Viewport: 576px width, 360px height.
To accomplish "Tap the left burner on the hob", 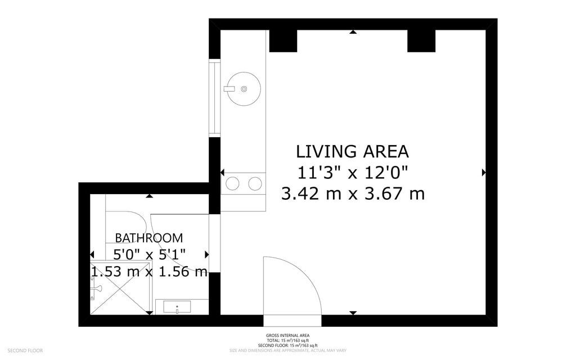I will click(x=232, y=183).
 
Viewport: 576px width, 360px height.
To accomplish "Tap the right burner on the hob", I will click(x=255, y=183).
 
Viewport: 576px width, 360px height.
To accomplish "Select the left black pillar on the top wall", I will click(x=283, y=40).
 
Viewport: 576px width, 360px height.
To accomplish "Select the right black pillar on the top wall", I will click(x=421, y=40).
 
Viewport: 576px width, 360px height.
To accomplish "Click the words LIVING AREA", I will click(x=352, y=151).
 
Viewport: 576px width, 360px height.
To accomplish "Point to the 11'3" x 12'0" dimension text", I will click(x=352, y=173).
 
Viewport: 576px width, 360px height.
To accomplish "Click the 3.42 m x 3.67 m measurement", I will click(x=353, y=194).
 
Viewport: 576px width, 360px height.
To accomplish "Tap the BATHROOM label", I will click(x=149, y=238).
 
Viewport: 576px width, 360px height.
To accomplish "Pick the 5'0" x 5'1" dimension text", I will click(x=149, y=255).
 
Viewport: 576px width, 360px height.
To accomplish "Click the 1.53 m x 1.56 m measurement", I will click(x=149, y=272).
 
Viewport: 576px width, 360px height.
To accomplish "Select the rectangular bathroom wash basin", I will click(x=177, y=307).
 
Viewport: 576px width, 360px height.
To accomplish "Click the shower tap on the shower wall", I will click(x=96, y=288).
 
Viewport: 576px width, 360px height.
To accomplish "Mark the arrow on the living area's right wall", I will click(x=484, y=173).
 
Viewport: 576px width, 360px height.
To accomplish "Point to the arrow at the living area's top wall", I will click(x=353, y=32).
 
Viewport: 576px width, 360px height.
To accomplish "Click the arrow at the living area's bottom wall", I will click(x=353, y=313).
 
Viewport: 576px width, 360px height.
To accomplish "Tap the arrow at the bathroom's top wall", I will click(x=149, y=196).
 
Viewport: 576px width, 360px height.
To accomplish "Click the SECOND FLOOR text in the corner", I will click(x=25, y=351).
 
